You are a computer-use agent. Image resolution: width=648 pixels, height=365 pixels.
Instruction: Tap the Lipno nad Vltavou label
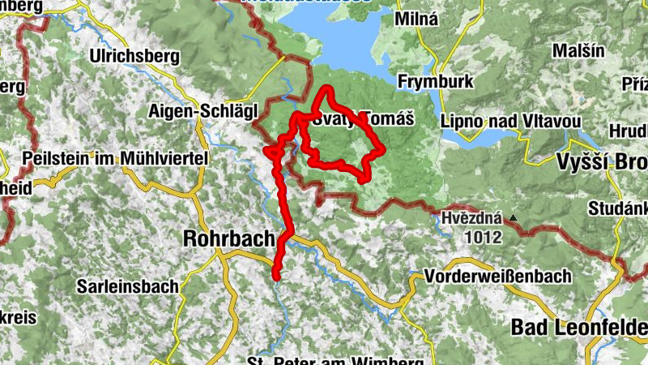[x=512, y=121]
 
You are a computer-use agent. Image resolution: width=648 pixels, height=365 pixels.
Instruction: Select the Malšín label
[x=580, y=50]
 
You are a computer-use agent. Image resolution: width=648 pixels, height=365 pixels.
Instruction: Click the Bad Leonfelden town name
[x=579, y=327]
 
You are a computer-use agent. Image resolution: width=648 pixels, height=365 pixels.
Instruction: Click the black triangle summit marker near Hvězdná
[x=512, y=218]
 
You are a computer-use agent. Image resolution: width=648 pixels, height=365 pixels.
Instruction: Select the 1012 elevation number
[x=483, y=237]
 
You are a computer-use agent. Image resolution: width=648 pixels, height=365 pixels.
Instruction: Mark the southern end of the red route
[x=275, y=277]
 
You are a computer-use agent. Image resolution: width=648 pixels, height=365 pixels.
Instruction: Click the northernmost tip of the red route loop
[x=327, y=87]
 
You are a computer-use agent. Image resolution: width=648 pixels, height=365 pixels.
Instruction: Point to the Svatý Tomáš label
[x=364, y=118]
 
